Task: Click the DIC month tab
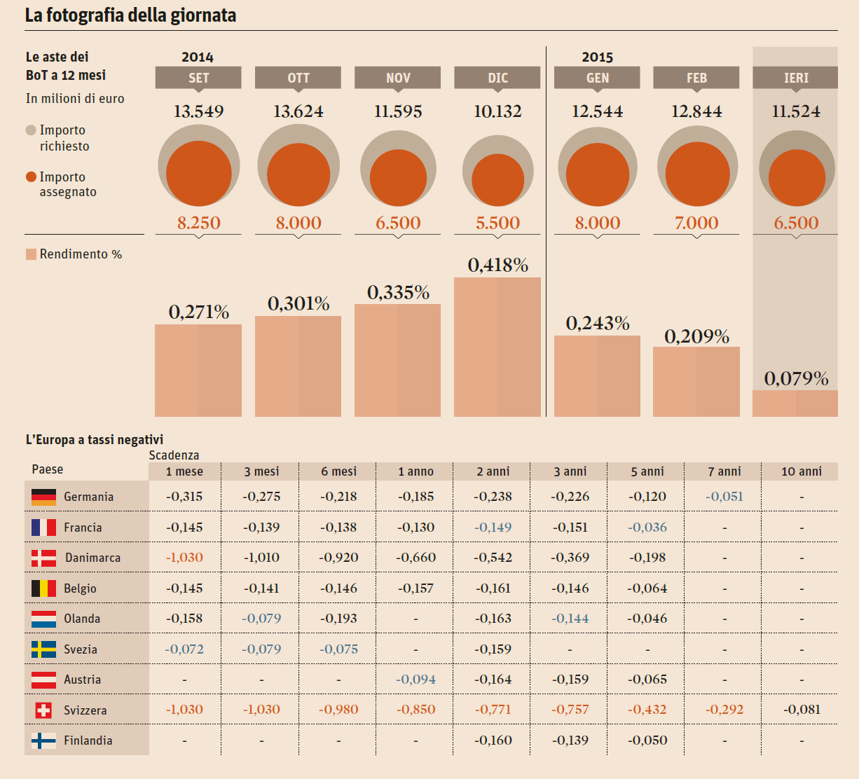coord(497,78)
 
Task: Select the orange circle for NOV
coord(398,177)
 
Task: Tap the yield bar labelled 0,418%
coord(497,347)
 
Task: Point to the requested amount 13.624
coord(298,111)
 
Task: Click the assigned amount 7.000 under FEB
coord(696,223)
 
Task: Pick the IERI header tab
coord(795,78)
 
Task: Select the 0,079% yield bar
coord(795,404)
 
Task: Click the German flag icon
coord(43,497)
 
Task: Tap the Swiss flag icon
coord(43,710)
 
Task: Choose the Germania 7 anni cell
coord(724,497)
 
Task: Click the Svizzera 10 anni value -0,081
coord(802,710)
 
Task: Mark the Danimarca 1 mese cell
coord(184,558)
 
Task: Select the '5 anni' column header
coord(647,471)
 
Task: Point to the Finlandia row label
coord(88,740)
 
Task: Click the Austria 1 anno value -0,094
coord(415,680)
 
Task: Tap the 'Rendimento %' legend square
coord(31,254)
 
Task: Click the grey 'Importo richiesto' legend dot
coord(31,130)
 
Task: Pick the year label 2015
coord(597,57)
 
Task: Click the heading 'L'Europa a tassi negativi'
coord(95,440)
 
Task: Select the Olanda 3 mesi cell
coord(261,619)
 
